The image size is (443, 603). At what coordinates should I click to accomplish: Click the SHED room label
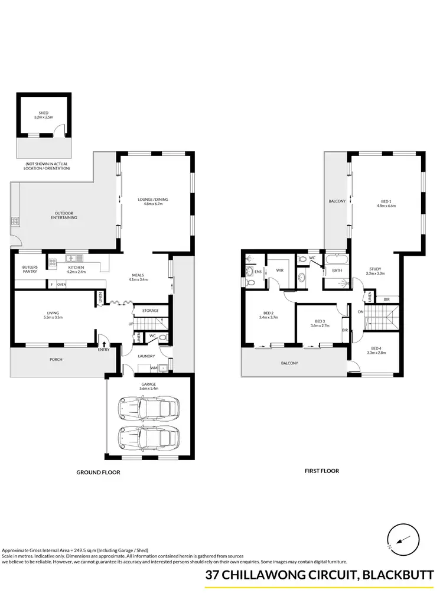(44, 113)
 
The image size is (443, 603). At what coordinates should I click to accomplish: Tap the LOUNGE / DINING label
(152, 200)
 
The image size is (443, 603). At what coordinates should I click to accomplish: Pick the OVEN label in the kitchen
(61, 285)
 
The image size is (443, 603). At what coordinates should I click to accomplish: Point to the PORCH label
(56, 359)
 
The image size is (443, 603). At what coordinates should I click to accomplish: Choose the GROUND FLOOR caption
(99, 472)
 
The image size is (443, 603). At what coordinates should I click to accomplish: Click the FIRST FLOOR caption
(321, 471)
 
